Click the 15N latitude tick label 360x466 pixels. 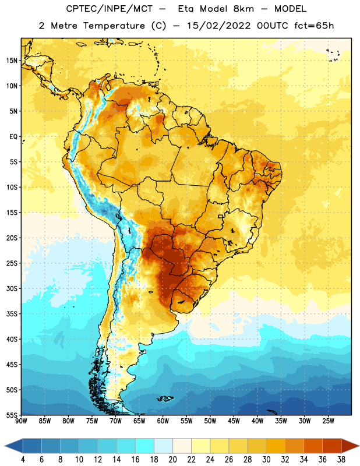12,61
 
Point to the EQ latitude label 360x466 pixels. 13,137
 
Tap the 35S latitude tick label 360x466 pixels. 12,314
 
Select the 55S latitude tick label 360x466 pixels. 12,415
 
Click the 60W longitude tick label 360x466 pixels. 163,421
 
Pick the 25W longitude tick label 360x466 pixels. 328,421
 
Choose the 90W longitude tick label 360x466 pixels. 22,421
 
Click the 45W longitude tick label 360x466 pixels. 234,421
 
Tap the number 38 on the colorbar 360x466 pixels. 341,460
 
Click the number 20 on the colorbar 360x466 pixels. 172,460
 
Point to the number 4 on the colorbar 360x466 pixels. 23,460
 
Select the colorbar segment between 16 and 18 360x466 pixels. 144,446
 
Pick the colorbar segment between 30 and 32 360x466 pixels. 276,446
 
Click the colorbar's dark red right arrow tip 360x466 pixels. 359,446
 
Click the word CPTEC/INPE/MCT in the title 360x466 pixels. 110,9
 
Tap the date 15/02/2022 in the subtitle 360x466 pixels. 219,26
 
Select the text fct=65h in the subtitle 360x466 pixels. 314,26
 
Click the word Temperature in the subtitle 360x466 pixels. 114,26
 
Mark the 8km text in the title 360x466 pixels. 243,9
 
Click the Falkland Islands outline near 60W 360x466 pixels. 165,398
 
